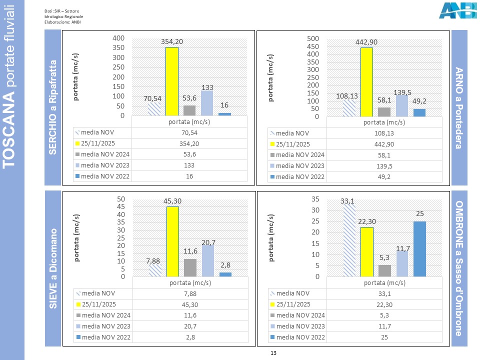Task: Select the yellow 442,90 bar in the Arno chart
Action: point(366,82)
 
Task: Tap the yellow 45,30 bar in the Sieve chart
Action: point(172,241)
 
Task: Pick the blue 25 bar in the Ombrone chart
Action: point(419,249)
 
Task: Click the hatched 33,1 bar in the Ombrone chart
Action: point(348,240)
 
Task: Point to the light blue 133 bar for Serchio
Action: point(207,103)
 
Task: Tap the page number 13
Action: point(273,353)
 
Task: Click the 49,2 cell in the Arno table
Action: point(384,176)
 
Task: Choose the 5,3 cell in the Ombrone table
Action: point(384,315)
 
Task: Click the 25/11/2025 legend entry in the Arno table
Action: point(295,144)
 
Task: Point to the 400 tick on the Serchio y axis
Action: point(118,38)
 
